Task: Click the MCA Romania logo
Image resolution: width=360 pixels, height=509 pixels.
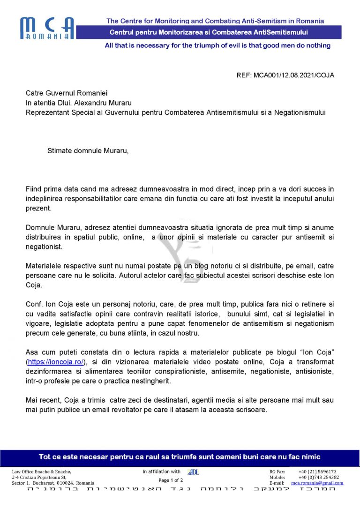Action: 47,28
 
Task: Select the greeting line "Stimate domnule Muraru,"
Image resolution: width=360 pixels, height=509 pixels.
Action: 88,151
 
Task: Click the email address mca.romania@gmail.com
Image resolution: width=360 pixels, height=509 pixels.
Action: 317,483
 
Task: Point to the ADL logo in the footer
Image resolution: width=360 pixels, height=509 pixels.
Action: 193,472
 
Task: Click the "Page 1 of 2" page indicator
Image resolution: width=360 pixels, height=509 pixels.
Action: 171,480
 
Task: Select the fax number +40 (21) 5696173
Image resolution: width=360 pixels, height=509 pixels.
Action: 317,472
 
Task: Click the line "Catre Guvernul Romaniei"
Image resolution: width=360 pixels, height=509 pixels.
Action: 63,93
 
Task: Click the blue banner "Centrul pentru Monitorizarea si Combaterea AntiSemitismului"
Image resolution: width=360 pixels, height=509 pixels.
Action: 208,32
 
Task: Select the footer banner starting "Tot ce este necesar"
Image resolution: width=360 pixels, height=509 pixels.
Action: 180,457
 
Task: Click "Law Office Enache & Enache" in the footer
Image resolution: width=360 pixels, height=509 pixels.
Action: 42,472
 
